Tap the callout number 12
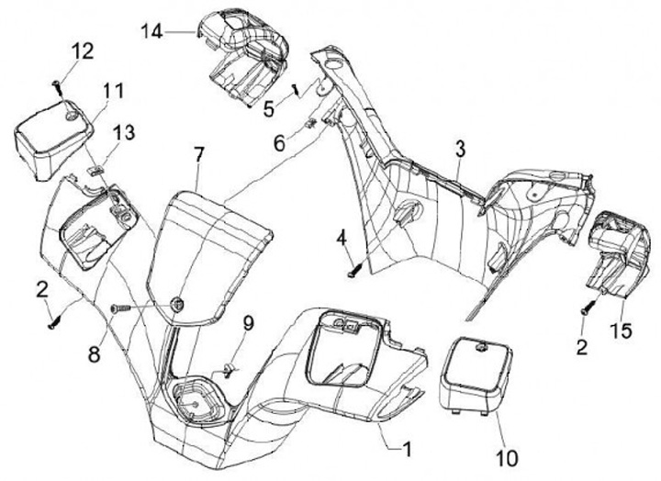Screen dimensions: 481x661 (x=82, y=51)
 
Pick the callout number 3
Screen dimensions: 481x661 (x=460, y=148)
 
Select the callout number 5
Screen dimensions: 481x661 (x=267, y=108)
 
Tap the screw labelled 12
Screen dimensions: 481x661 (x=58, y=87)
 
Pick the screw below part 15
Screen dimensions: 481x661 (x=584, y=309)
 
